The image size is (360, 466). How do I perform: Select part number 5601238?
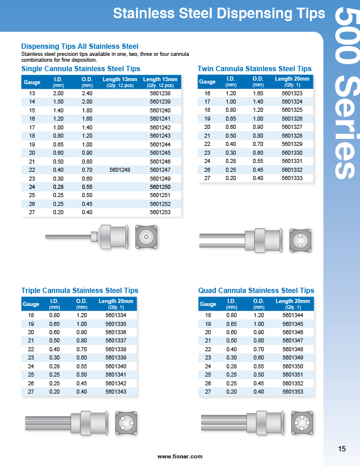point(160,94)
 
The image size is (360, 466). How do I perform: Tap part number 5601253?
point(160,212)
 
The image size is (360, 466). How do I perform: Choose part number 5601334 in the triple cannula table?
point(116,315)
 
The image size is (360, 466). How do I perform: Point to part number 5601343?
point(116,391)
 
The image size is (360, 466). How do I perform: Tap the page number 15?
point(342,450)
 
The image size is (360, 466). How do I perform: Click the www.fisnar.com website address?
point(180,457)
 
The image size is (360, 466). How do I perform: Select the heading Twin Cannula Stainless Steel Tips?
point(254,69)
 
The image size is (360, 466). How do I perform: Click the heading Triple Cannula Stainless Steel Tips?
point(79,291)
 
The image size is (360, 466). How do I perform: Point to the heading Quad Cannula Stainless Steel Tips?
point(256,291)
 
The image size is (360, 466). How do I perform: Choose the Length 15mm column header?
point(160,82)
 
